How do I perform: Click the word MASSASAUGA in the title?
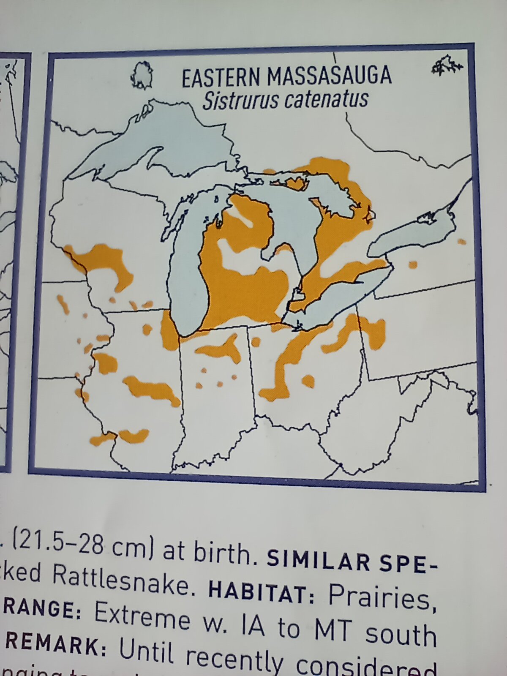(330, 76)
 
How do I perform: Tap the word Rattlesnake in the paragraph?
(120, 583)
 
